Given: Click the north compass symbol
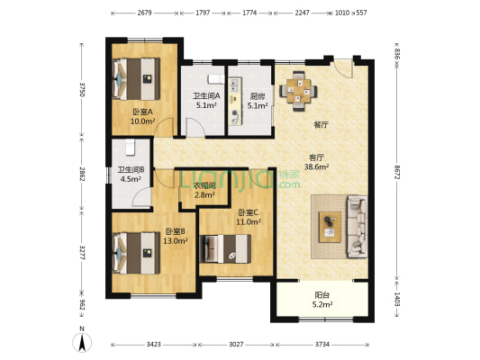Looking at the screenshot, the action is [82, 341].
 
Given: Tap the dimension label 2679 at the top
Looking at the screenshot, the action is [144, 13].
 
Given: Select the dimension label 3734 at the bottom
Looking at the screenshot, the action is [322, 345].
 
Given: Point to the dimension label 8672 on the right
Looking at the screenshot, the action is [397, 173].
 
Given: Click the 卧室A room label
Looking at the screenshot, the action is [142, 112].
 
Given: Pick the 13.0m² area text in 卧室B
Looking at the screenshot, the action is [175, 241].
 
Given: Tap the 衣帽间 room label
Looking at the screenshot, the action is [204, 185].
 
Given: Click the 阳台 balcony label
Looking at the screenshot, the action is [322, 295].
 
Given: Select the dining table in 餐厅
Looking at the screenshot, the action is [298, 91].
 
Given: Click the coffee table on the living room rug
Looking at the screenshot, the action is [330, 227].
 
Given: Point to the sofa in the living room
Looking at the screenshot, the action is [357, 227].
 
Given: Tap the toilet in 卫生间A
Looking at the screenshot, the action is [216, 79].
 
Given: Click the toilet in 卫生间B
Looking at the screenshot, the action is [130, 147].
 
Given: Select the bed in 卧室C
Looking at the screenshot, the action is [225, 248].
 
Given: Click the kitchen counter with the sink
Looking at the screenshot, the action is [235, 101].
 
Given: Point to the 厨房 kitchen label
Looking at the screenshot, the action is [258, 96].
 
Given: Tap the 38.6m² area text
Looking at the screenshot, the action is [316, 166].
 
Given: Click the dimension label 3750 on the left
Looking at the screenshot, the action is [82, 89].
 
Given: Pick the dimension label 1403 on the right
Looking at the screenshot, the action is [397, 299].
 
